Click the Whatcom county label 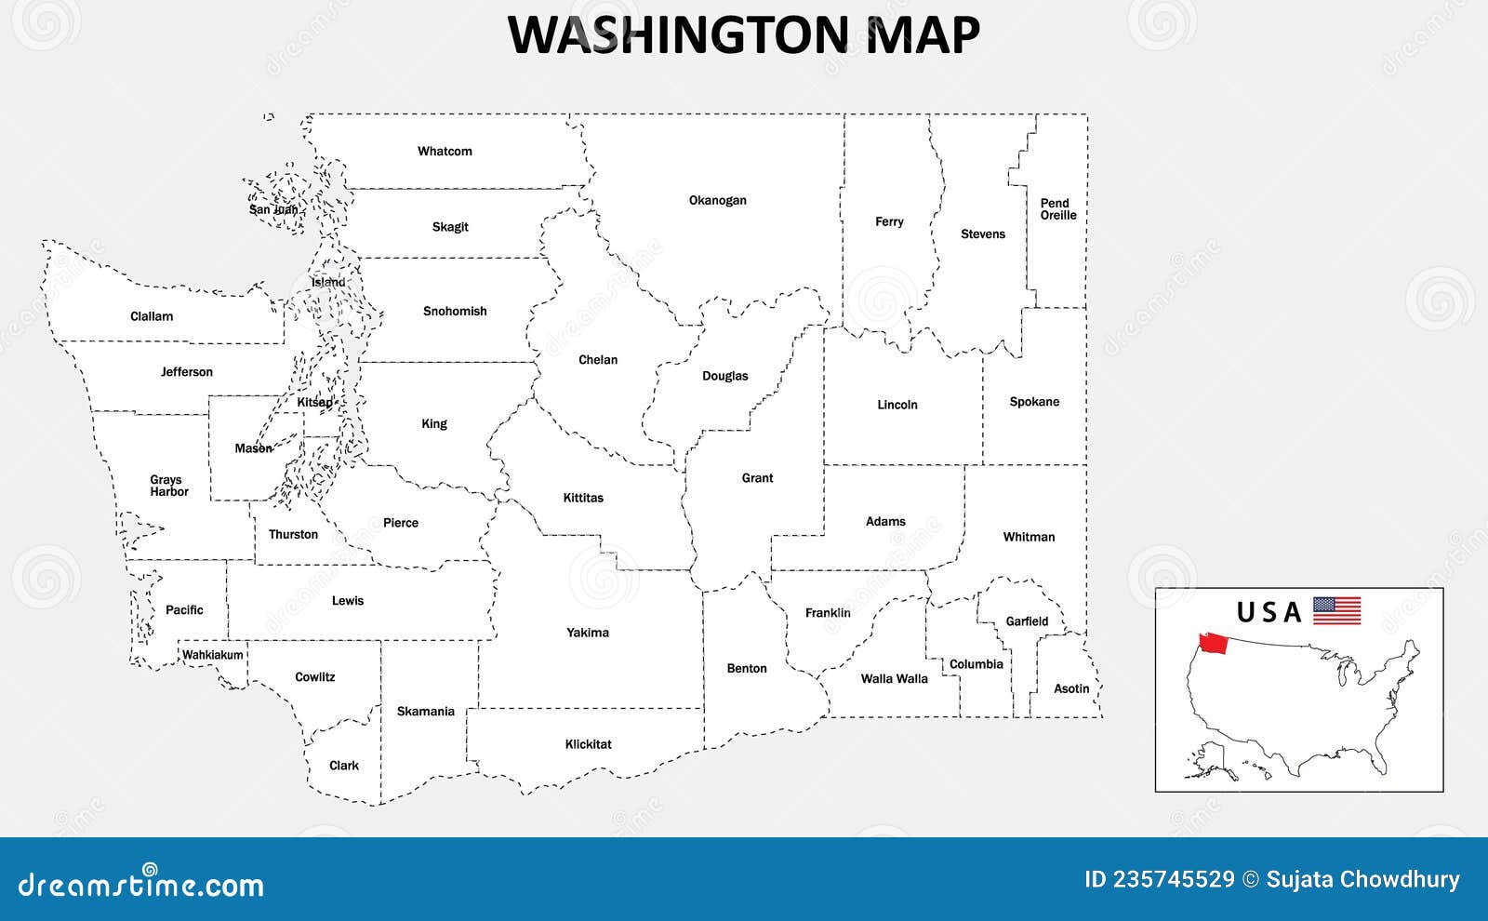[445, 151]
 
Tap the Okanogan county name [717, 200]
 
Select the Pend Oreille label [1057, 209]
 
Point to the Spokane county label [1034, 402]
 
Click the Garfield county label [1027, 621]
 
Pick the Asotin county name [1071, 688]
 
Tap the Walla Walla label [894, 678]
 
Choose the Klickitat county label [588, 744]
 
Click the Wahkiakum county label [212, 655]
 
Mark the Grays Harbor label [168, 486]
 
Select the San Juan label [273, 209]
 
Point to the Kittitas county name [583, 498]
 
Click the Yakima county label [588, 633]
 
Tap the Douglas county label [724, 376]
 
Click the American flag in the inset [1336, 611]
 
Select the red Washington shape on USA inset [1214, 643]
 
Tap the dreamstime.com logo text [141, 884]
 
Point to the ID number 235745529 [1159, 879]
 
